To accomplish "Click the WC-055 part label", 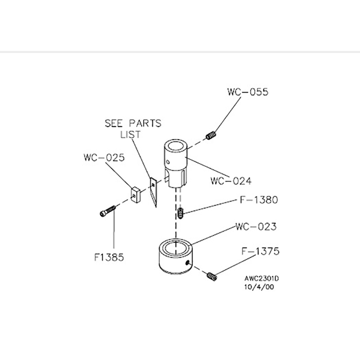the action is (248, 92).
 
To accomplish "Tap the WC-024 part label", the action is (231, 181).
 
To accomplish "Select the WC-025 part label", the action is (104, 157).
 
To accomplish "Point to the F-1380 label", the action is (259, 200).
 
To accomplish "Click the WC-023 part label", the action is (256, 227).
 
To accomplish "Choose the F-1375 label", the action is (260, 251).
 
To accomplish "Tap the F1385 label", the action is (109, 257).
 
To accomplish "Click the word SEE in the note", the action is (114, 123).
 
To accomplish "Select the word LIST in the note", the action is (131, 134).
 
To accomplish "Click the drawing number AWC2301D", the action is (262, 278).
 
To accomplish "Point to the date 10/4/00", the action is (259, 287).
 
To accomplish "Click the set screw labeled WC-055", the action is (211, 135).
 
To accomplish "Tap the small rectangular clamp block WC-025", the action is (135, 195).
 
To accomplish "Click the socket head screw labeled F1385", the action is (108, 211).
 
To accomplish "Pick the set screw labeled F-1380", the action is (181, 213).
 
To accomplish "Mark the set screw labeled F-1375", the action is (212, 276).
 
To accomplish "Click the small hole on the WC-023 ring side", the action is (188, 262).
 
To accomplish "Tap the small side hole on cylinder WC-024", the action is (168, 162).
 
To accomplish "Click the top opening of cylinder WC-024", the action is (175, 146).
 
